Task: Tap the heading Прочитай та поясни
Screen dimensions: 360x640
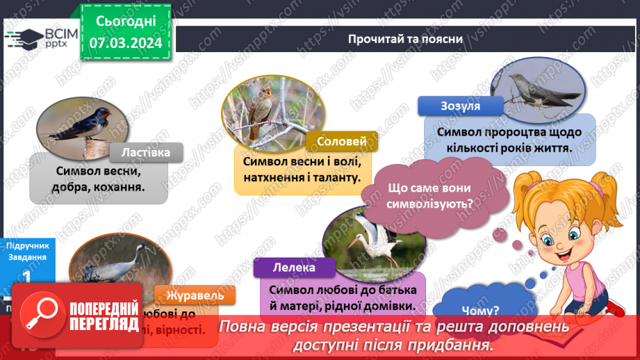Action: (x=406, y=38)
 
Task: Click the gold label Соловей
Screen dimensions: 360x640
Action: (x=341, y=142)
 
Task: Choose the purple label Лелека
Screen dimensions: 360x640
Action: (x=295, y=267)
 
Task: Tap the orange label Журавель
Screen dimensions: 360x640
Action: (x=190, y=295)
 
